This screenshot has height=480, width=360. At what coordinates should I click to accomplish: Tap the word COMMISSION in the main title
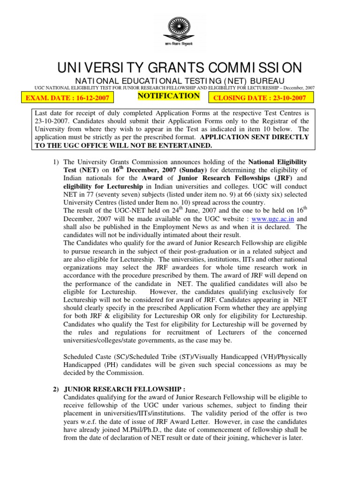(256, 67)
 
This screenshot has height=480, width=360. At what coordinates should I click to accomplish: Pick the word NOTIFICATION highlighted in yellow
(168, 96)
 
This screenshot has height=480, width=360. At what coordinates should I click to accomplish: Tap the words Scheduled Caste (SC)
(94, 356)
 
